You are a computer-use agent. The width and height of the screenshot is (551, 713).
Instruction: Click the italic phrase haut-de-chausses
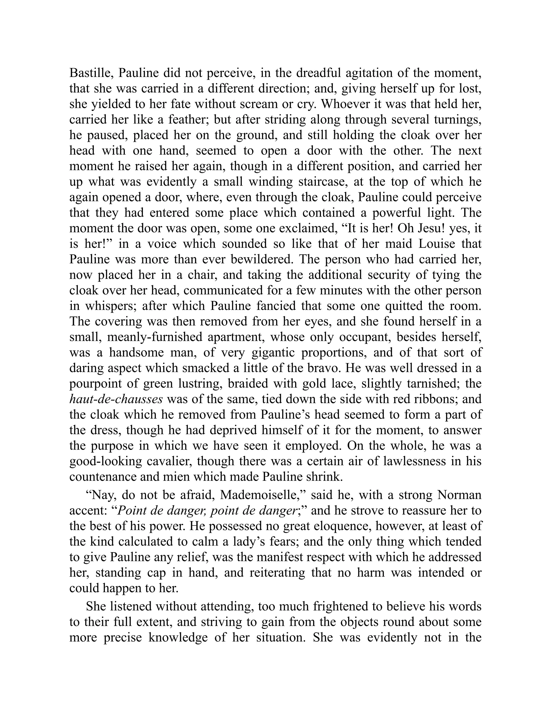[116, 399]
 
